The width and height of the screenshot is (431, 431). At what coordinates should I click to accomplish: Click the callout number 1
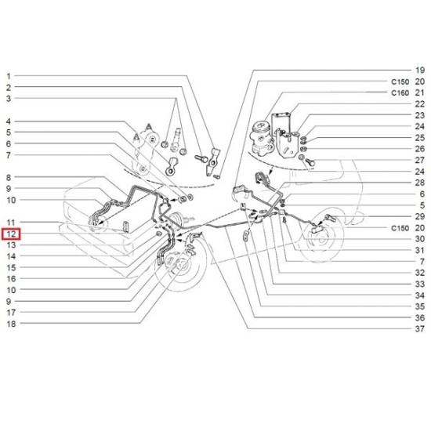coord(9,76)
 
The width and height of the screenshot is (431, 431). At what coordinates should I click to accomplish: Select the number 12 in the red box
coord(11,234)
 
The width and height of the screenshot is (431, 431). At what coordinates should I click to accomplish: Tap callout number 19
coord(420,71)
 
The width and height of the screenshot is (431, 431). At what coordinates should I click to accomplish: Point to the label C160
coord(400,93)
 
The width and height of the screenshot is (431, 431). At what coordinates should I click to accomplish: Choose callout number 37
coord(420,329)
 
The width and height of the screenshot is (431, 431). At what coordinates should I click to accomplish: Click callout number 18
coord(11,324)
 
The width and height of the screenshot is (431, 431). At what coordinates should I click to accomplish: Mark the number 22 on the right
coord(420,104)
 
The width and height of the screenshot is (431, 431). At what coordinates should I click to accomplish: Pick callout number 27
coord(420,160)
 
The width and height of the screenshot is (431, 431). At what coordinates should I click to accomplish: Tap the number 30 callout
coord(420,239)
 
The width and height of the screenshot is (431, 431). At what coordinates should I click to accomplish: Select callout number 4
coord(9,121)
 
